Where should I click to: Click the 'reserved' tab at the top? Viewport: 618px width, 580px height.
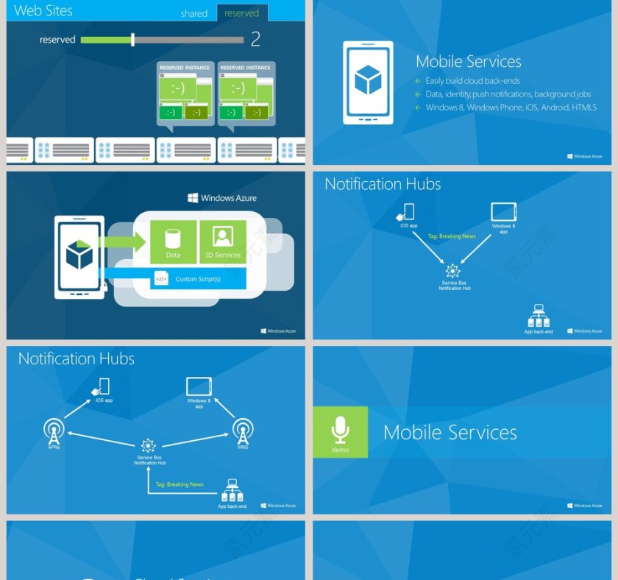(x=242, y=13)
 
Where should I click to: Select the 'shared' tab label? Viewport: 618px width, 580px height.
(x=193, y=13)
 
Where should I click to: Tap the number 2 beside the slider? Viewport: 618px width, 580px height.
(x=255, y=39)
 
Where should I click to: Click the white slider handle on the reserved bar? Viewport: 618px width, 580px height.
(x=132, y=40)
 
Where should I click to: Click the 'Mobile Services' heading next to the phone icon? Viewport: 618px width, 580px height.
(x=468, y=62)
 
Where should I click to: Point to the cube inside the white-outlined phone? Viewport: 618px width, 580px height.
(x=368, y=80)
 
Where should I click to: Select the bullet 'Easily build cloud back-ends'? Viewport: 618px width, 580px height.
(x=472, y=81)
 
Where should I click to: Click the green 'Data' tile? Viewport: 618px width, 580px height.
(x=173, y=242)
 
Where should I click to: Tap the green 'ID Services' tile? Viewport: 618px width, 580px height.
(x=223, y=242)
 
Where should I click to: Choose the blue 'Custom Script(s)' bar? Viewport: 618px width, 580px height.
(x=197, y=279)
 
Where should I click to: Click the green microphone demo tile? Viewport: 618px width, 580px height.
(x=340, y=432)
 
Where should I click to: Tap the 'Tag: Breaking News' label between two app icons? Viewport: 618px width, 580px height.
(x=452, y=236)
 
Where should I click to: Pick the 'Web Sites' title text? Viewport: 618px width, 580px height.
(x=43, y=11)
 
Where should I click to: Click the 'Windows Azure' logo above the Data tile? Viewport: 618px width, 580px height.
(x=222, y=198)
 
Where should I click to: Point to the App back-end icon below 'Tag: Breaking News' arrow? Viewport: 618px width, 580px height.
(x=232, y=491)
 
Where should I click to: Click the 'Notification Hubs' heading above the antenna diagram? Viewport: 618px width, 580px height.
(x=77, y=359)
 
